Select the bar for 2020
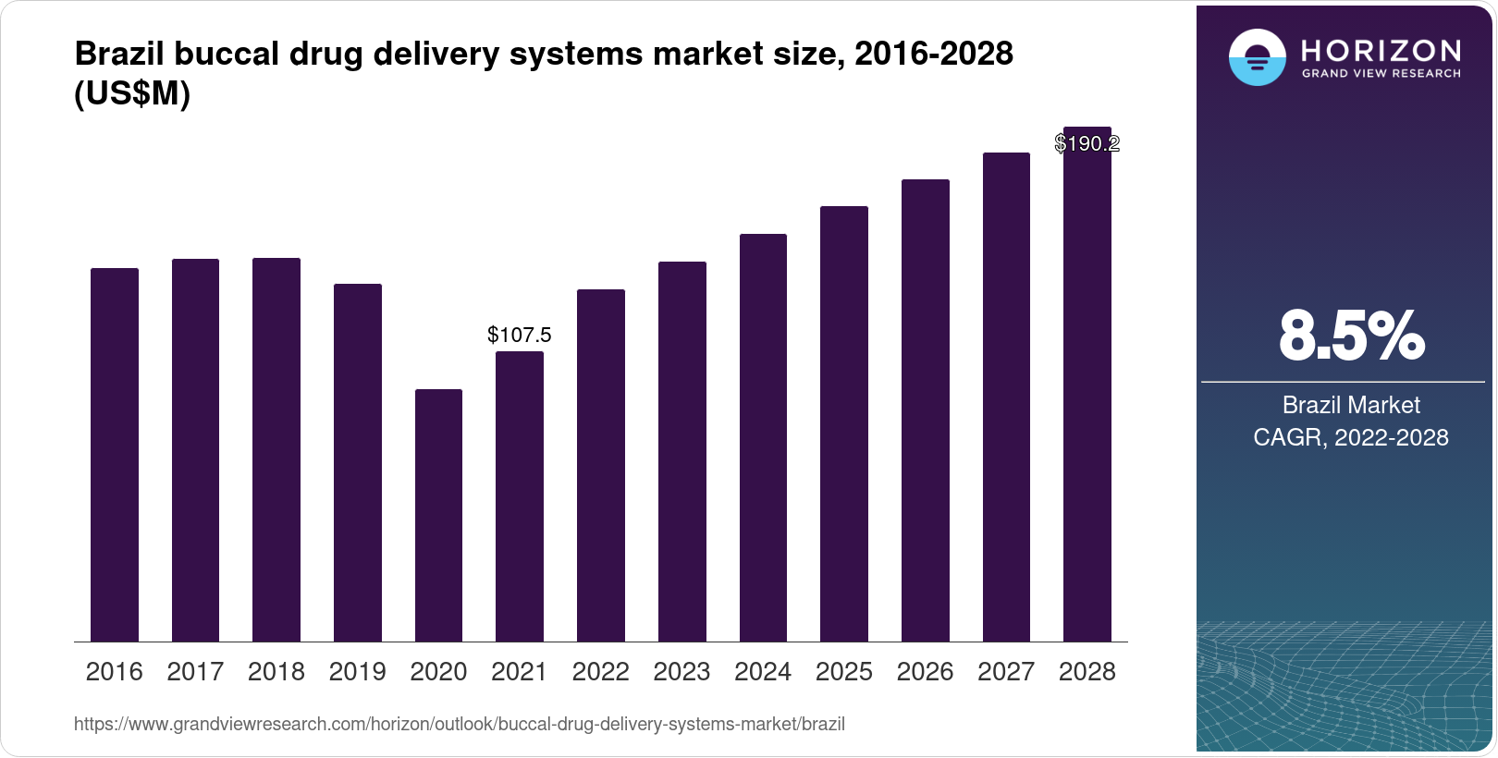(438, 515)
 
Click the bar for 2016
(115, 455)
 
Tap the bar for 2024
(763, 437)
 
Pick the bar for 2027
(1006, 397)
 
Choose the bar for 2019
(357, 462)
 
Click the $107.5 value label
(519, 335)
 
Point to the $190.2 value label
(1087, 143)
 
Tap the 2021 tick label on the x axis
(519, 672)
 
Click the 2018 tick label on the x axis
(276, 672)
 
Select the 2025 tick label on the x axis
(843, 672)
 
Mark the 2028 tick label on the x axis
(1087, 672)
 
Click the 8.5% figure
(1351, 336)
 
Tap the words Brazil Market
(1351, 405)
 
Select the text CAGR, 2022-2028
(1351, 437)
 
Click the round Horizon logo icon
(1257, 57)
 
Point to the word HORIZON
(1381, 50)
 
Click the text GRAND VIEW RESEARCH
(1381, 74)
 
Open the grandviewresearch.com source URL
(459, 724)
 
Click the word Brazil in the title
(120, 54)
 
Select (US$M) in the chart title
(132, 94)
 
